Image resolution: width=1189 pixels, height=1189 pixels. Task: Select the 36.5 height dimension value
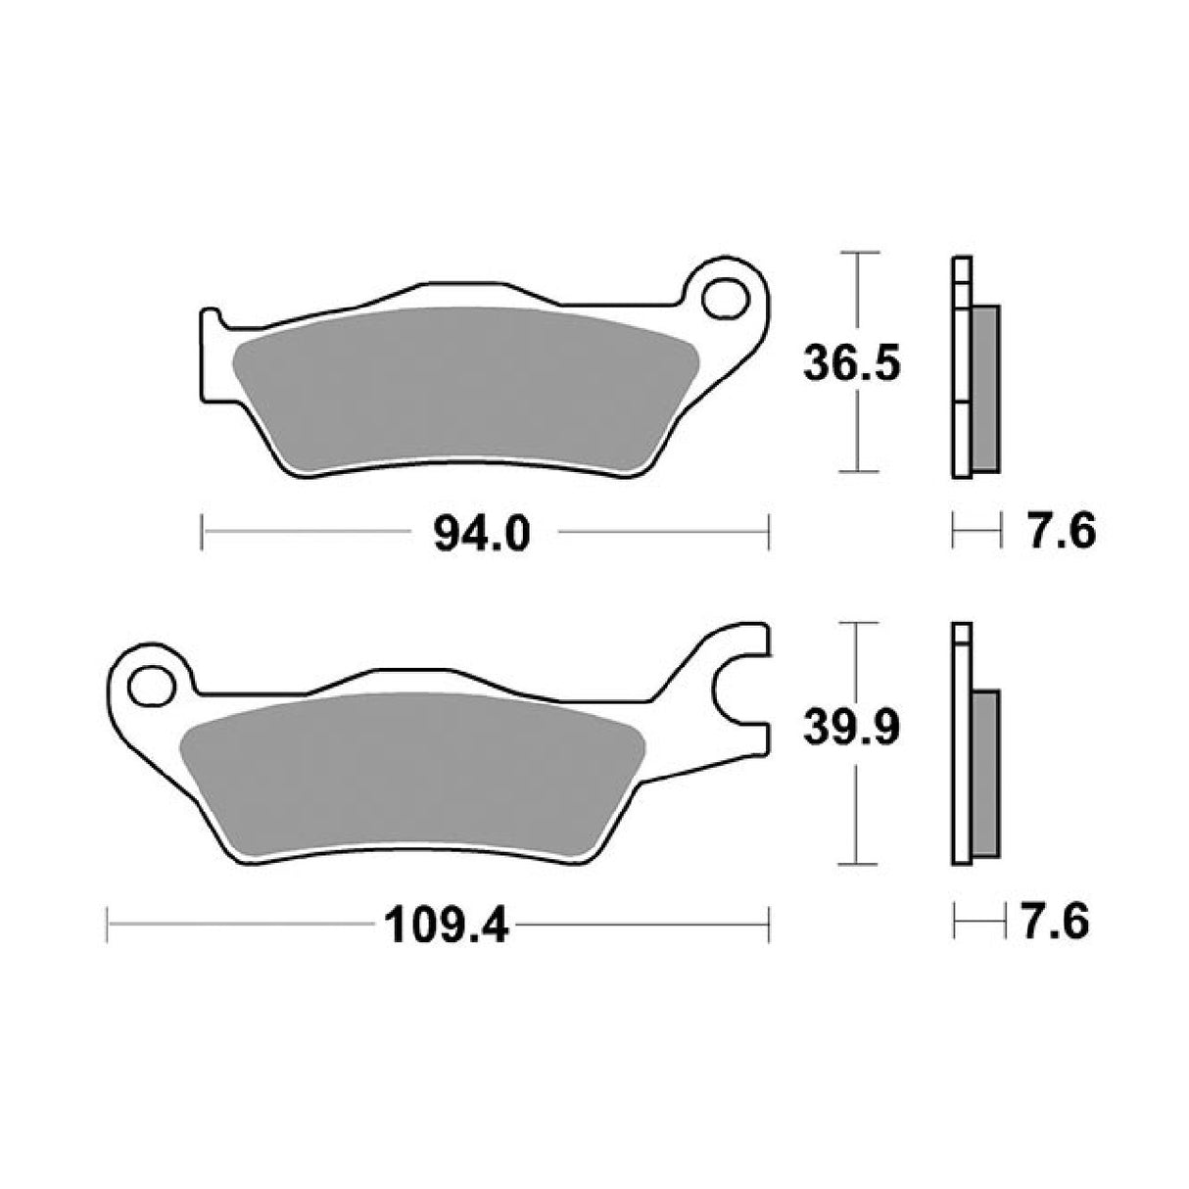pyautogui.click(x=850, y=364)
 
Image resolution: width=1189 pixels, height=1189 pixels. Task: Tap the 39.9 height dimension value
pyautogui.click(x=850, y=730)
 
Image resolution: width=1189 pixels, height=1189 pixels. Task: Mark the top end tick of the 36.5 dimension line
pyautogui.click(x=858, y=253)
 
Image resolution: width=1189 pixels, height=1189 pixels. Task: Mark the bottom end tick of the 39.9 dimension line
pyautogui.click(x=858, y=864)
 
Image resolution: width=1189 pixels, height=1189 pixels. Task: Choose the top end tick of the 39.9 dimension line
pyautogui.click(x=858, y=622)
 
